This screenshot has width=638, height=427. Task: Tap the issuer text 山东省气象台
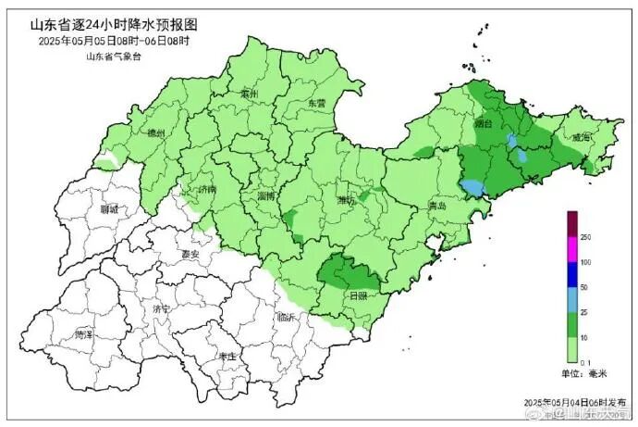pos(113,57)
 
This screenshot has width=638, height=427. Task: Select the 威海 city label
pos(580,137)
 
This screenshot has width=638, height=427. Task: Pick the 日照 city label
pos(357,295)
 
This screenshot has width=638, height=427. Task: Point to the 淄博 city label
pos(269,196)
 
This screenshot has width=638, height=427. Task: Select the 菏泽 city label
pos(83,333)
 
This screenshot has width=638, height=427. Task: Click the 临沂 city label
pos(287,317)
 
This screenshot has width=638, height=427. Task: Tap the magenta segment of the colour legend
pos(572,250)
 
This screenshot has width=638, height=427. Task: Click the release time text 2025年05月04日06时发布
pos(570,403)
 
